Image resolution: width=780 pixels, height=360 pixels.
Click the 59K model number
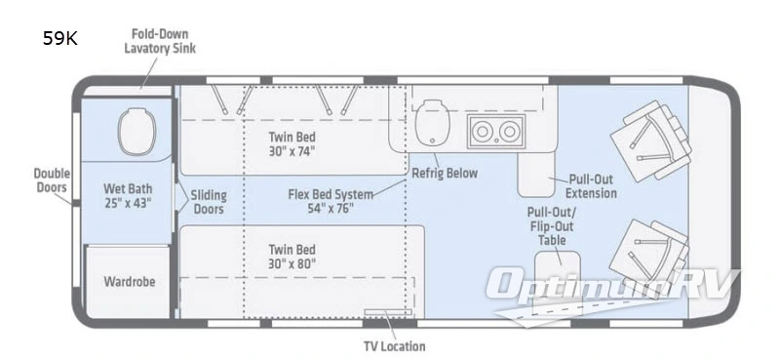(x=59, y=38)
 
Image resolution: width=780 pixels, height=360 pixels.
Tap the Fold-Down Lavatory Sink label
(x=160, y=41)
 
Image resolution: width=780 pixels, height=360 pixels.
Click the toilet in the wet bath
(x=136, y=131)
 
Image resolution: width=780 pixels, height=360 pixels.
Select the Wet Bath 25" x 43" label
(x=128, y=196)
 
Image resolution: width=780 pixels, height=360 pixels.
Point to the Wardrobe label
(x=130, y=281)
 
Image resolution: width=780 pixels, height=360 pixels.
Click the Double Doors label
(x=52, y=180)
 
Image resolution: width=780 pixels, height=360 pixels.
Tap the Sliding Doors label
(x=209, y=202)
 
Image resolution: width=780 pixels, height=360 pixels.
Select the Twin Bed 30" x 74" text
(x=292, y=143)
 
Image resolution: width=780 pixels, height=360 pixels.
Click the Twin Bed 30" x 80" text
(x=292, y=257)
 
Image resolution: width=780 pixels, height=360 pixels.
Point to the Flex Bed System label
(x=331, y=201)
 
